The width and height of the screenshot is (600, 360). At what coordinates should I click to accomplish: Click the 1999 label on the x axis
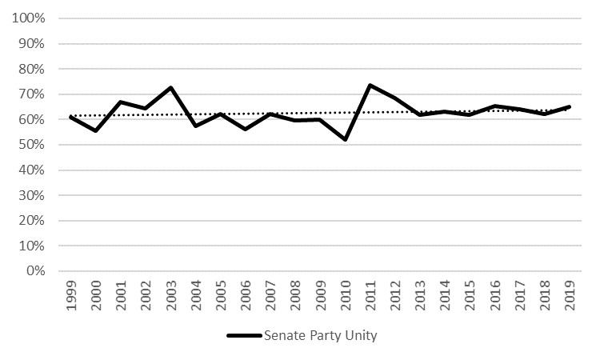[71, 295]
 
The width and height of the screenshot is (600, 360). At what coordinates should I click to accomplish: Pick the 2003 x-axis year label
[170, 295]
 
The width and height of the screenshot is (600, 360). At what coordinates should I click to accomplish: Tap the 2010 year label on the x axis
[345, 295]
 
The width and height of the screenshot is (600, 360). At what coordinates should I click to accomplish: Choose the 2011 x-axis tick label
[370, 295]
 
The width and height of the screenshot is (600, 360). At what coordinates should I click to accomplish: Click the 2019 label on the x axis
[569, 295]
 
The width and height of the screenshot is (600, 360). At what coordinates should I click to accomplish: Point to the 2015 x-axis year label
[470, 295]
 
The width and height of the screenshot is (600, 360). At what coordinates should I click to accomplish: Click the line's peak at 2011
[370, 85]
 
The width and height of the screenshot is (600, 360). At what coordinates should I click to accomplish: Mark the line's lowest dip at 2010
[346, 140]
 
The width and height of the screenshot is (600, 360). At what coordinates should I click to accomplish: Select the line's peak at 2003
[170, 87]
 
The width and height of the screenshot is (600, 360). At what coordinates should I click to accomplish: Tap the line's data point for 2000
[96, 130]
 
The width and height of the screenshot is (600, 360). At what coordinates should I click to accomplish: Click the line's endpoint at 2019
[569, 106]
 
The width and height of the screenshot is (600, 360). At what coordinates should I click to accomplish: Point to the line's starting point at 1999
[71, 117]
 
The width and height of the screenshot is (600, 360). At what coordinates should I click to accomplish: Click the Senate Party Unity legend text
[320, 336]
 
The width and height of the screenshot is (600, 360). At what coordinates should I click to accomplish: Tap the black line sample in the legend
[244, 336]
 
